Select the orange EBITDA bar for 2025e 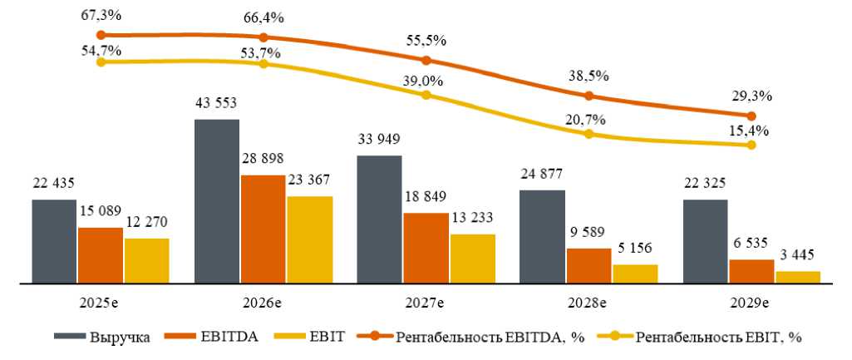pyautogui.click(x=101, y=255)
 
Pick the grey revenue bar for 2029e pyautogui.click(x=705, y=242)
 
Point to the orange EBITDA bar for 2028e pyautogui.click(x=589, y=266)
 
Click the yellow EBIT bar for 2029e pyautogui.click(x=797, y=278)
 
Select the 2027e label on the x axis pyautogui.click(x=426, y=303)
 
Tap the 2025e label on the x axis pyautogui.click(x=101, y=303)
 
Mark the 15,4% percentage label pyautogui.click(x=751, y=131)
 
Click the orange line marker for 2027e pyautogui.click(x=426, y=61)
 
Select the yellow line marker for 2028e pyautogui.click(x=589, y=133)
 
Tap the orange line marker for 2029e pyautogui.click(x=751, y=116)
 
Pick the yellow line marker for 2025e pyautogui.click(x=101, y=62)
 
